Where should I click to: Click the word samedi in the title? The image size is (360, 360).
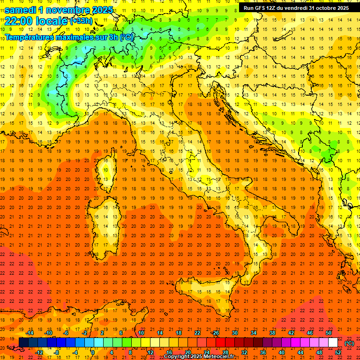tap(20, 10)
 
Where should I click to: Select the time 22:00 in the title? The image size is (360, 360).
tap(20, 21)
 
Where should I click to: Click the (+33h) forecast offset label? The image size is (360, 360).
tap(81, 21)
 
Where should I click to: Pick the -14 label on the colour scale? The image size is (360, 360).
tap(30, 333)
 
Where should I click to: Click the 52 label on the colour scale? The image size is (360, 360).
tap(338, 352)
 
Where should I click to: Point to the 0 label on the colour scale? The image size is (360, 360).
tap(93, 352)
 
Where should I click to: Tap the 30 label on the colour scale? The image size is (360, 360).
tap(234, 333)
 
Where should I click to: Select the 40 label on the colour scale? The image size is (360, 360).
tap(281, 352)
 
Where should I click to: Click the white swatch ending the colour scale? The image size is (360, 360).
tap(333, 343)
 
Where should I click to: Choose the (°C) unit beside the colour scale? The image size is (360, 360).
tap(349, 343)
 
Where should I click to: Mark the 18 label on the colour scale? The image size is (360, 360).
tap(178, 333)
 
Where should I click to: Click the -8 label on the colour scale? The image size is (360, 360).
tap(57, 352)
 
